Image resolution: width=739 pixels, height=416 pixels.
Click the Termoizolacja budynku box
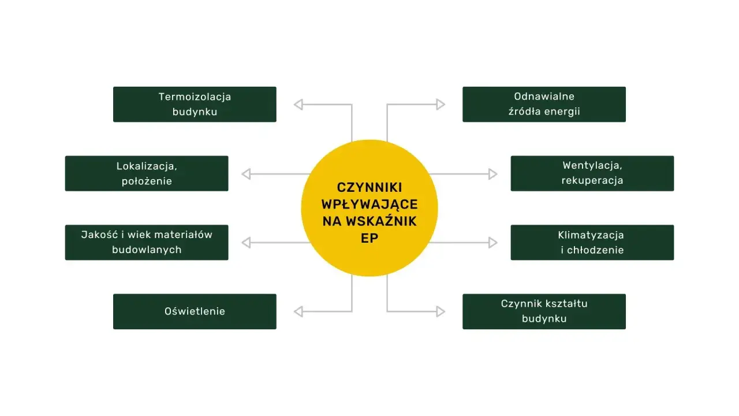(x=195, y=105)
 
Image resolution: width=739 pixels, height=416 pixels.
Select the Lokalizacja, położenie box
(x=147, y=173)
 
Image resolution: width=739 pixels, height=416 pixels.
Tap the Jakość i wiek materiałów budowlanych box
(x=147, y=242)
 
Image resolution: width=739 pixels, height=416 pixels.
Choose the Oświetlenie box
(x=195, y=311)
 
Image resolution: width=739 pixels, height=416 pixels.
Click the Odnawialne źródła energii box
(x=544, y=105)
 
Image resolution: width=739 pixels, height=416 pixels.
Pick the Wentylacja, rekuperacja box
(x=592, y=173)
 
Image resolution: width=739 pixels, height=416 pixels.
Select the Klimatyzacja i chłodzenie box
(x=592, y=242)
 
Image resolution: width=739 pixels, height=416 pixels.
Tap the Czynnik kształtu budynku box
(x=544, y=311)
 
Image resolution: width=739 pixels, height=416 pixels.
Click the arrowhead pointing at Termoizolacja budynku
(x=298, y=105)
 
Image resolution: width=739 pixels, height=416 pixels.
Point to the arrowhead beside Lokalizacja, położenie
(x=246, y=174)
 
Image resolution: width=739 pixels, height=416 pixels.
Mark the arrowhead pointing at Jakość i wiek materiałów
(x=246, y=242)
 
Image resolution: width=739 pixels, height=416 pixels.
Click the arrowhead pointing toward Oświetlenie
(x=298, y=311)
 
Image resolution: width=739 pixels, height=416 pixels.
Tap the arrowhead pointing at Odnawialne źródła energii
(x=441, y=105)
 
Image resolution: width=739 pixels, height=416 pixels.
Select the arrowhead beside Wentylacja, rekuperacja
(x=492, y=174)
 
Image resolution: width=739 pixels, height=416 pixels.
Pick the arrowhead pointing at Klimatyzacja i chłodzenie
(x=492, y=242)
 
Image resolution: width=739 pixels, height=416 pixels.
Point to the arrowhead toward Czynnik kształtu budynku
(x=441, y=311)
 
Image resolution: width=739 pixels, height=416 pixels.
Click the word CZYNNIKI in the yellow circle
(x=369, y=188)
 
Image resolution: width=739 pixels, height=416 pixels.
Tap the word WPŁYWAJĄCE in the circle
(x=369, y=205)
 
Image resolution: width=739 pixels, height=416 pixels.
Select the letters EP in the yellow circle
(x=369, y=238)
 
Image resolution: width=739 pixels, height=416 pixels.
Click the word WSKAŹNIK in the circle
(x=381, y=221)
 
